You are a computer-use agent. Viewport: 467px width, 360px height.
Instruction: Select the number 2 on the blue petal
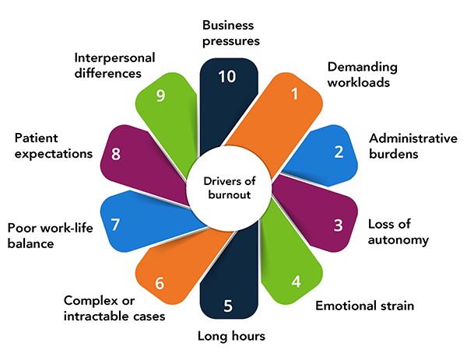click(339, 151)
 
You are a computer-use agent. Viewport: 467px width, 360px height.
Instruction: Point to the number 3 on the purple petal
click(338, 225)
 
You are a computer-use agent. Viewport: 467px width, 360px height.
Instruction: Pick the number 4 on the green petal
click(296, 280)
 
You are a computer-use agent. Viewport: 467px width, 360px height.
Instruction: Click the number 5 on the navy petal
click(227, 305)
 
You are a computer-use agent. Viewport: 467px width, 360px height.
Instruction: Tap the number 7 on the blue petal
click(115, 225)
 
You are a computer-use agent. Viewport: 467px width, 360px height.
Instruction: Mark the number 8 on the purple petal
click(115, 152)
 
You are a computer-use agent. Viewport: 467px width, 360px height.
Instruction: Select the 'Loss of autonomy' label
click(398, 232)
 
